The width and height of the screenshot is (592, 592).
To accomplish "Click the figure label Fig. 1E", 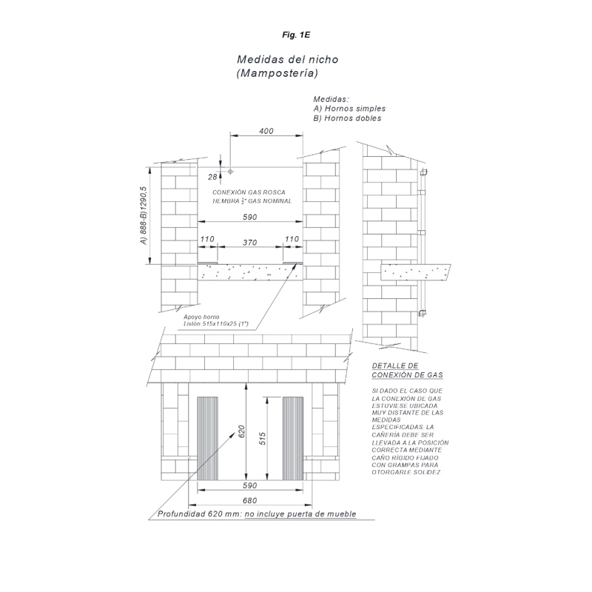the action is [x=296, y=35].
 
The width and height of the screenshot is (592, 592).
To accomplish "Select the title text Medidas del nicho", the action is [x=288, y=59].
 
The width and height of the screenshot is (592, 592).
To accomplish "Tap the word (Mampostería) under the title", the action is [x=277, y=73].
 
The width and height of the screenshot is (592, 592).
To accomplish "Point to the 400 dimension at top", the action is [x=266, y=131].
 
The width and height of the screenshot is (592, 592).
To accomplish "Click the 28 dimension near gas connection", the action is [x=212, y=177].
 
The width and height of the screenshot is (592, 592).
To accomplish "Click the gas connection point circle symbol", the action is [x=230, y=172].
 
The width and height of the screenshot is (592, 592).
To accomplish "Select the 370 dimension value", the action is [x=249, y=243].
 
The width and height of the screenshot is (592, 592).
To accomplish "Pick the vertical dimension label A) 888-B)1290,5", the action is [x=143, y=215].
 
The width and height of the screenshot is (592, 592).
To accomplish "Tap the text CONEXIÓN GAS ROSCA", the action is [x=249, y=192].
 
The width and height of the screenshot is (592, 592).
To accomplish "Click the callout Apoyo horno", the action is [x=201, y=317].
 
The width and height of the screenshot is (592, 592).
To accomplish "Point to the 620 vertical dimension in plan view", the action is [x=242, y=432].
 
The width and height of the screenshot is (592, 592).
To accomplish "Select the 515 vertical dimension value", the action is [x=263, y=438].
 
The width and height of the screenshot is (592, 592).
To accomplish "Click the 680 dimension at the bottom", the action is [x=249, y=500].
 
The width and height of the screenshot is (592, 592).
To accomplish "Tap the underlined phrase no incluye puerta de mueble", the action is [x=300, y=514].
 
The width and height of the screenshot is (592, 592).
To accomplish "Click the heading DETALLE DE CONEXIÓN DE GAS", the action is [x=408, y=371].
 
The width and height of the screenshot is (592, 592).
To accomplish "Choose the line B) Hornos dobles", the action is [x=347, y=118].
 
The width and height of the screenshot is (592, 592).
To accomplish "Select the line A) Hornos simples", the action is [x=349, y=108].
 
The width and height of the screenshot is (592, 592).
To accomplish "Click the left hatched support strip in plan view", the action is [x=208, y=438].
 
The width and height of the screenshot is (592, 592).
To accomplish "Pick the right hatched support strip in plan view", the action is [x=292, y=438].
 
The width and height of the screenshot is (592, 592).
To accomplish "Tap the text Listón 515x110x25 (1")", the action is [x=216, y=324].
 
